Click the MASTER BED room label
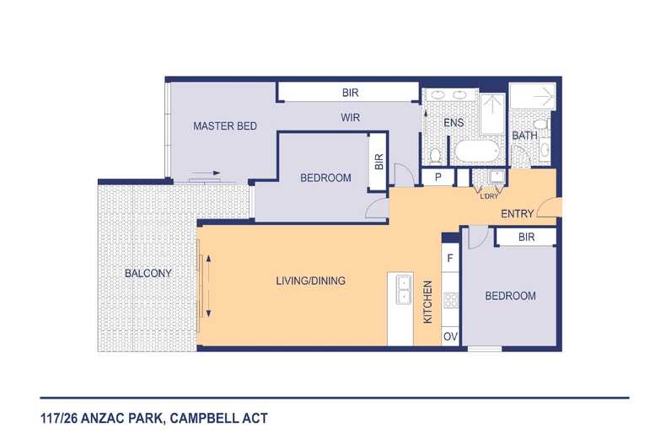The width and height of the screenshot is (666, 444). pyautogui.click(x=225, y=126)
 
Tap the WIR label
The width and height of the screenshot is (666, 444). pyautogui.click(x=350, y=117)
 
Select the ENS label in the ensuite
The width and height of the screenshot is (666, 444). pyautogui.click(x=454, y=123)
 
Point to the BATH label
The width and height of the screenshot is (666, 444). pyautogui.click(x=524, y=136)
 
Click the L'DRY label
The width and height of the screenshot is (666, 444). pyautogui.click(x=489, y=196)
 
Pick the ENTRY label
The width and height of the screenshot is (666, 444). pyautogui.click(x=517, y=213)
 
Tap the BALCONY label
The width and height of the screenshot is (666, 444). pyautogui.click(x=148, y=273)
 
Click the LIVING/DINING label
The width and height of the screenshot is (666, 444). pyautogui.click(x=310, y=281)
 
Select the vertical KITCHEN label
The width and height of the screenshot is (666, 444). pyautogui.click(x=427, y=302)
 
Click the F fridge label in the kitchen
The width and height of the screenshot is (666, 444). pyautogui.click(x=450, y=258)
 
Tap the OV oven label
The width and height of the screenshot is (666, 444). pyautogui.click(x=450, y=337)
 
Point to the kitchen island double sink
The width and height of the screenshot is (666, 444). pyautogui.click(x=403, y=290)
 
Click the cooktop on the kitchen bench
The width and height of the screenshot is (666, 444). pyautogui.click(x=451, y=300)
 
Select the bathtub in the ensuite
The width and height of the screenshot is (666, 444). pyautogui.click(x=476, y=151)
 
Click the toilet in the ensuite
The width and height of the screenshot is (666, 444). pyautogui.click(x=435, y=156)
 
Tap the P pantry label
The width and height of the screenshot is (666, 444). pyautogui.click(x=438, y=177)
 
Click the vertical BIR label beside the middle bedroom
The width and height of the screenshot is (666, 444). pyautogui.click(x=379, y=161)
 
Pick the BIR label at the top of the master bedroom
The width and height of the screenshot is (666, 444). pyautogui.click(x=350, y=93)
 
